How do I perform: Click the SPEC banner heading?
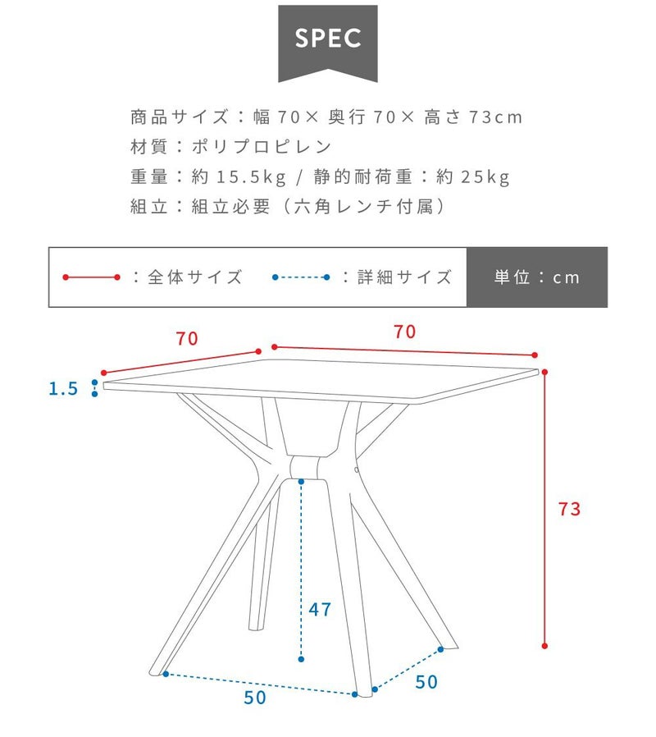click(x=328, y=39)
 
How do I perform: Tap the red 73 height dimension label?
click(x=569, y=509)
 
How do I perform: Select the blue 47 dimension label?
click(x=320, y=610)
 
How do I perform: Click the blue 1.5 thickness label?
click(x=63, y=389)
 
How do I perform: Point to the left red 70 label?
click(x=187, y=338)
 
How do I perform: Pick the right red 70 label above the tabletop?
click(x=405, y=332)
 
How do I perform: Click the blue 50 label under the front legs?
click(x=255, y=698)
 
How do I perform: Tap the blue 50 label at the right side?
click(x=426, y=682)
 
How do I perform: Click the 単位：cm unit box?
click(x=537, y=277)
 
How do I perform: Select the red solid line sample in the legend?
click(x=92, y=277)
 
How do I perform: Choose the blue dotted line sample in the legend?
click(x=301, y=277)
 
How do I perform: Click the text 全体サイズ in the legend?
click(x=195, y=277)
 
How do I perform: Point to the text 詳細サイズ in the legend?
click(x=405, y=277)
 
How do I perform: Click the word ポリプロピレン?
click(x=262, y=147)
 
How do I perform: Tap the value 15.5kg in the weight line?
click(x=251, y=176)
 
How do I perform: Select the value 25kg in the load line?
click(x=485, y=176)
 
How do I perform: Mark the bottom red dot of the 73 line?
click(x=544, y=646)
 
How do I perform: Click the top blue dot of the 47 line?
click(x=301, y=481)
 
